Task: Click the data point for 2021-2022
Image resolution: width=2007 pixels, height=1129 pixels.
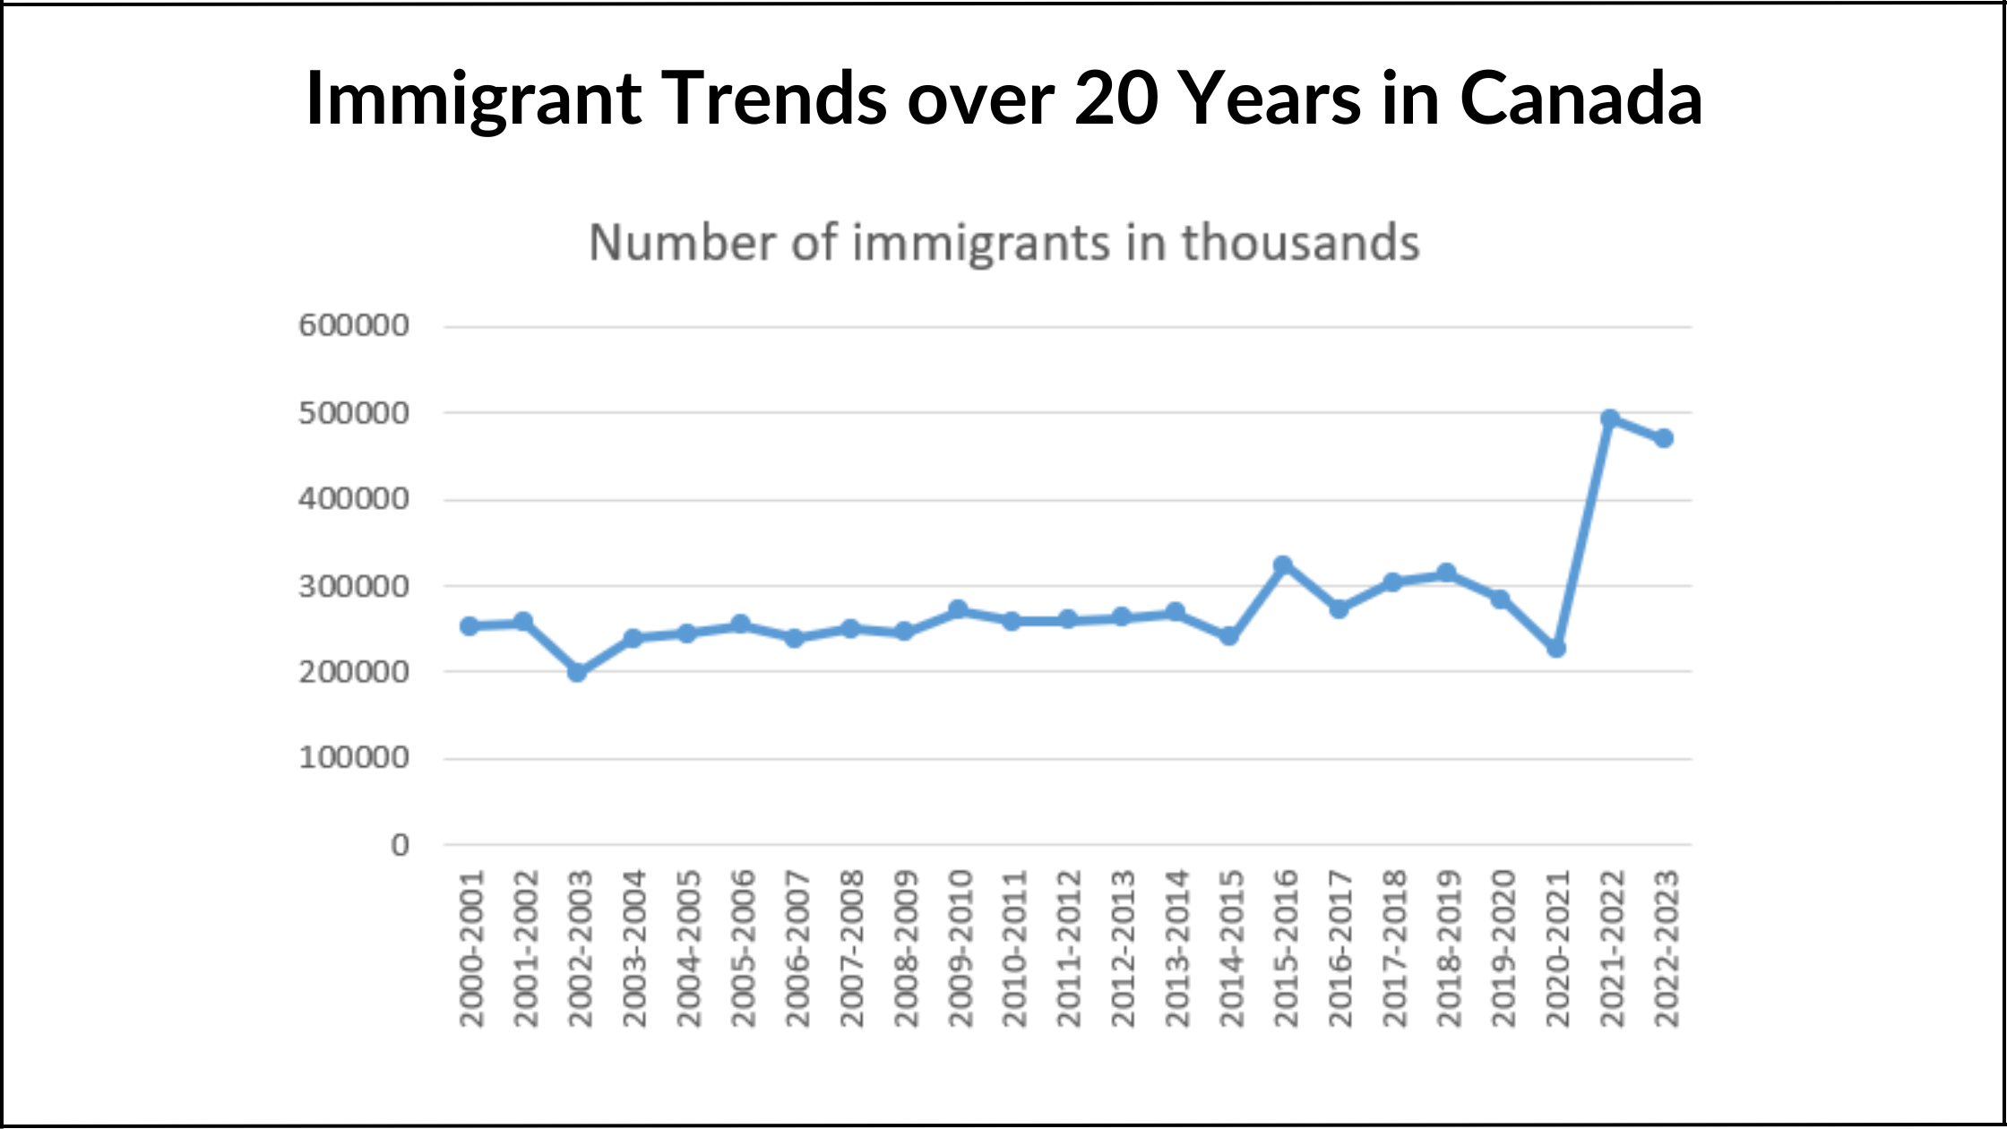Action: pyautogui.click(x=1610, y=418)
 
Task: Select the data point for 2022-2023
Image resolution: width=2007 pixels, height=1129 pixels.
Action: pyautogui.click(x=1664, y=438)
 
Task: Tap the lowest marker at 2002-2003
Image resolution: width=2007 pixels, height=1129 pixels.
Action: pyautogui.click(x=578, y=672)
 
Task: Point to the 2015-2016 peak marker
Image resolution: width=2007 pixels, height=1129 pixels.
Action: pyautogui.click(x=1283, y=564)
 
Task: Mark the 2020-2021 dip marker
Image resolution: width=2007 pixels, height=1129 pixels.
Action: pyautogui.click(x=1556, y=648)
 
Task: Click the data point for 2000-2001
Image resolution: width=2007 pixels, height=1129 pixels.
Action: pyautogui.click(x=469, y=625)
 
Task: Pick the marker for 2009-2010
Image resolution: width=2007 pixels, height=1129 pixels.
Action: pyautogui.click(x=958, y=609)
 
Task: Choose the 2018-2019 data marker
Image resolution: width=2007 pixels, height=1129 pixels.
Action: pyautogui.click(x=1446, y=573)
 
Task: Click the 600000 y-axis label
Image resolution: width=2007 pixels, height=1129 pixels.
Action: pyautogui.click(x=354, y=325)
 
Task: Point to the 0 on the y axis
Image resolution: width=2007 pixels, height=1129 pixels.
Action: pyautogui.click(x=400, y=845)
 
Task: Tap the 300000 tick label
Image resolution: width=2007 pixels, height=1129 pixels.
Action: pyautogui.click(x=354, y=587)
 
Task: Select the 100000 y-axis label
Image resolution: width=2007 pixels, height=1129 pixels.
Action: pyautogui.click(x=354, y=758)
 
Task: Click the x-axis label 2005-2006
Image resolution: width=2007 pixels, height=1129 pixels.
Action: pyautogui.click(x=743, y=948)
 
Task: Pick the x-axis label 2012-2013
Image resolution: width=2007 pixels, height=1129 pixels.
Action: pyautogui.click(x=1122, y=948)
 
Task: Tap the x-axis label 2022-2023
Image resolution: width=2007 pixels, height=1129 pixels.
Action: pyautogui.click(x=1666, y=948)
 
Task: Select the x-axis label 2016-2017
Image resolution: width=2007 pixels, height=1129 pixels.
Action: pyautogui.click(x=1339, y=948)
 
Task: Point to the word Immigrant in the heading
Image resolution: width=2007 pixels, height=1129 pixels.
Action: pyautogui.click(x=473, y=99)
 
